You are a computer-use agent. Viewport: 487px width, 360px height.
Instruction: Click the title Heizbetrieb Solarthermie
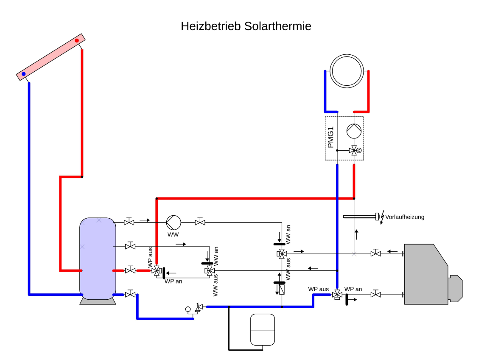[246, 26]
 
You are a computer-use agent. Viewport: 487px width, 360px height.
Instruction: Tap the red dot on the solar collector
[77, 41]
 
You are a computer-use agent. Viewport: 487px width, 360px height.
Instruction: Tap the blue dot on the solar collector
[24, 74]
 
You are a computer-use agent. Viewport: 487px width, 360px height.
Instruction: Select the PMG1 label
[331, 138]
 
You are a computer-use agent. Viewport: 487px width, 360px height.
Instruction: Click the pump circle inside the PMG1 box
[354, 131]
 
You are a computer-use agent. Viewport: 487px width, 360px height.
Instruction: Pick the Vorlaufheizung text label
[405, 217]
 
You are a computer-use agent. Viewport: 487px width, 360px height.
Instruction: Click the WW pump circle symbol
[173, 222]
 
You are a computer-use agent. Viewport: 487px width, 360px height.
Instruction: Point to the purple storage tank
[98, 259]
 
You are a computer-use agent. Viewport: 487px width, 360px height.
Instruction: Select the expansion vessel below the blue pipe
[263, 329]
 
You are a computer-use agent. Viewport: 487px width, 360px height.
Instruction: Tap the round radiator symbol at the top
[347, 71]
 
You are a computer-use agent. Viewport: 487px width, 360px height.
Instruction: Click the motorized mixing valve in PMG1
[354, 150]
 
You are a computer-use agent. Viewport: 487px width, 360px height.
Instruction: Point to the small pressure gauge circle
[188, 309]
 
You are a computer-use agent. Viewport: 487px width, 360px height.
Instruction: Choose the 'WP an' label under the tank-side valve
[173, 281]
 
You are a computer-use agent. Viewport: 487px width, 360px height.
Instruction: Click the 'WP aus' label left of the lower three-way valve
[319, 289]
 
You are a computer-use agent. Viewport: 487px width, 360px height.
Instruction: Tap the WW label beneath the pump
[173, 234]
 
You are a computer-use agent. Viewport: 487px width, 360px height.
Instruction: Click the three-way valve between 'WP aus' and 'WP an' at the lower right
[337, 294]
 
